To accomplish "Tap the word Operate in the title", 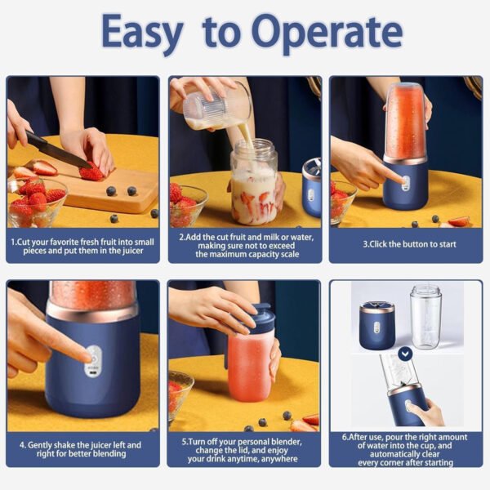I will [x=327, y=33].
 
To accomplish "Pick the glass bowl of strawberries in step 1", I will [x=34, y=204].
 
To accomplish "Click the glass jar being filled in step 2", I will [x=253, y=184].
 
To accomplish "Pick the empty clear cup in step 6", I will [x=425, y=317].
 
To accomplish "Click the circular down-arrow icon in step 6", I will [x=405, y=354].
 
